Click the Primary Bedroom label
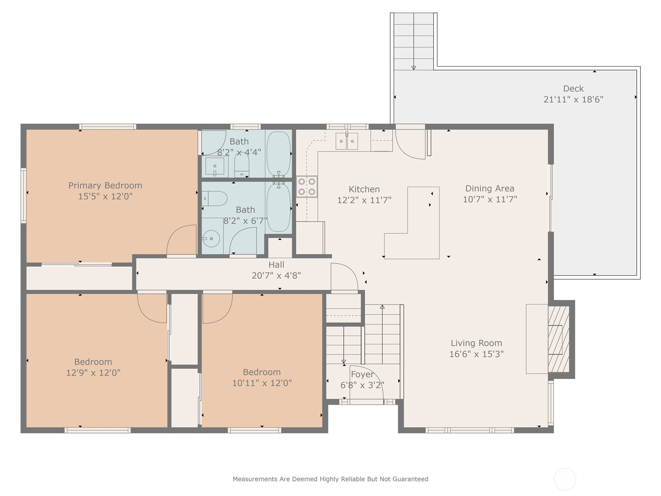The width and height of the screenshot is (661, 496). tap(105, 186)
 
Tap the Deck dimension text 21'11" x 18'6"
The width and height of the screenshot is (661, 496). tap(573, 99)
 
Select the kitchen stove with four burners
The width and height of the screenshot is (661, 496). tap(307, 186)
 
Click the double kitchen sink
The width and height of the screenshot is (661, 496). tap(347, 141)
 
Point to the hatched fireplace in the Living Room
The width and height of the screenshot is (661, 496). tap(559, 339)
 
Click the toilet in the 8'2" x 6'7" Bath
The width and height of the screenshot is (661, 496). tap(214, 198)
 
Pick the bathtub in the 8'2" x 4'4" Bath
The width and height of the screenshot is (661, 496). tap(278, 154)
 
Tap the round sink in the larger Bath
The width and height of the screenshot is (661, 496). tap(211, 238)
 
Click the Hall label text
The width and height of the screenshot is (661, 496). tap(276, 265)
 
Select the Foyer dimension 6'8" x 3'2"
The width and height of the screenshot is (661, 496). tap(362, 385)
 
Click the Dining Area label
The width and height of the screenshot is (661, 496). tap(490, 188)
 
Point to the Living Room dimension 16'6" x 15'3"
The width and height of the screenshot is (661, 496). tap(476, 354)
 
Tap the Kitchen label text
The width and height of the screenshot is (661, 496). tap(364, 189)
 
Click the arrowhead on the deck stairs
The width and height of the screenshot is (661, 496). tap(414, 68)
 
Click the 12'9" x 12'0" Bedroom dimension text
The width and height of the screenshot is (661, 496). tap(93, 373)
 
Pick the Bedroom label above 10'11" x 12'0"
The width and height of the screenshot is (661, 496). tap(262, 372)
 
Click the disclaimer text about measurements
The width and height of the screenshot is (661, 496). tap(330, 479)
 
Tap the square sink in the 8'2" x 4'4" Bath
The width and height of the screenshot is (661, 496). tap(215, 166)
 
